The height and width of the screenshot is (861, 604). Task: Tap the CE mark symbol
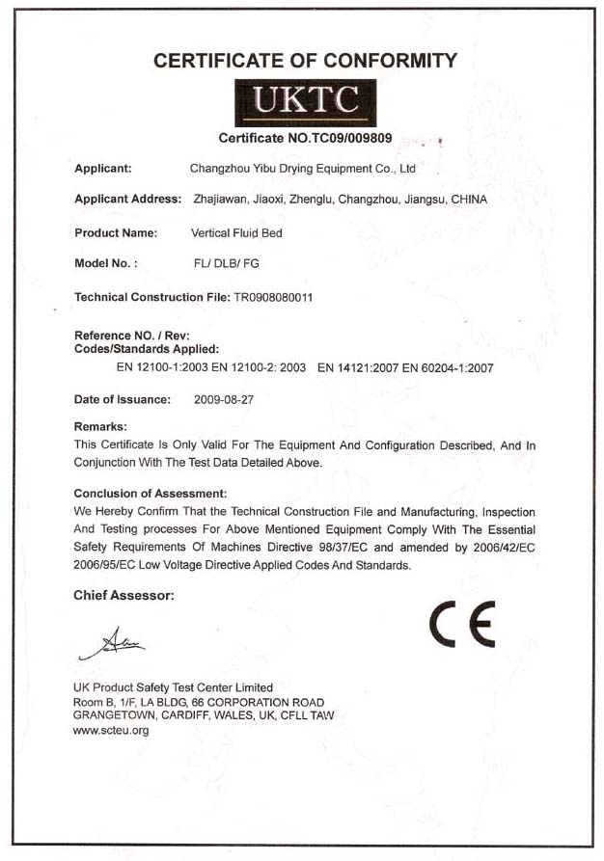click(463, 623)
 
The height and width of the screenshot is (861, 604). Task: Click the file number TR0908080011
click(273, 297)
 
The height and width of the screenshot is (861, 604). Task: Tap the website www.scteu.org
click(111, 730)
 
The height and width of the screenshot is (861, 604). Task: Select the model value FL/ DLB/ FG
click(225, 262)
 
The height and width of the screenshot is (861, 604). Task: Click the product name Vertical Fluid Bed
click(236, 232)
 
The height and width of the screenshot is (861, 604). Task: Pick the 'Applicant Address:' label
click(128, 199)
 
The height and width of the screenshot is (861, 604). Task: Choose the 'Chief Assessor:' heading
click(124, 596)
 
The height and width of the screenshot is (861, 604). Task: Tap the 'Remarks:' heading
click(101, 425)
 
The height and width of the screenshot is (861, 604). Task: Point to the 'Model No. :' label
click(106, 262)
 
